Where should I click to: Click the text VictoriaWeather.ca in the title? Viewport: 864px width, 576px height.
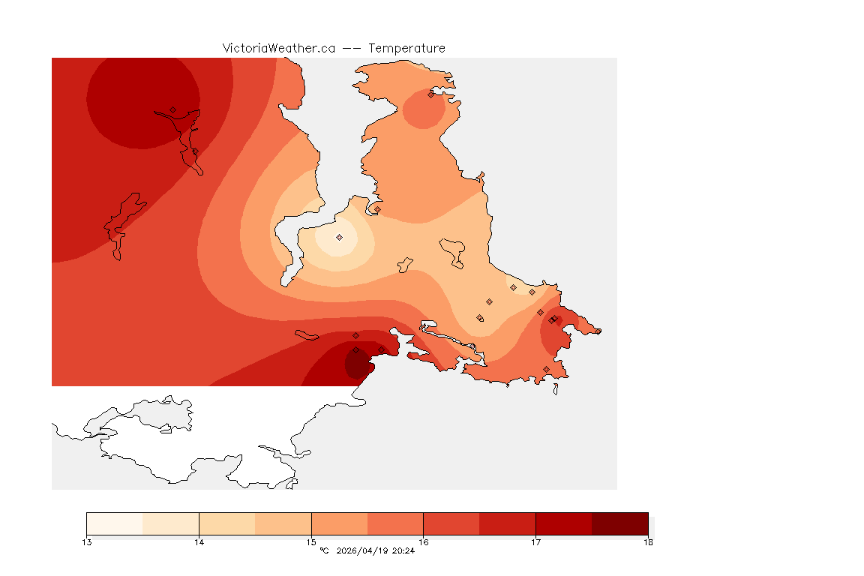(278, 48)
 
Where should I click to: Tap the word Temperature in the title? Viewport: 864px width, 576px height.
(406, 48)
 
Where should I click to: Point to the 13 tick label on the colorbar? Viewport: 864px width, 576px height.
(87, 542)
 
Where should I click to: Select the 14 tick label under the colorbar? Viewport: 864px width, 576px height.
(199, 542)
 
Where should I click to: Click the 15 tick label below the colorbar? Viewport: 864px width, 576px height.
(311, 542)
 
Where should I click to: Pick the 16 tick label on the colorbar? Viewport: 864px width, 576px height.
(424, 542)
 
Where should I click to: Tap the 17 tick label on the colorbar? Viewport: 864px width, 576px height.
(535, 542)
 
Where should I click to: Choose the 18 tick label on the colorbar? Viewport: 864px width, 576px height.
(648, 542)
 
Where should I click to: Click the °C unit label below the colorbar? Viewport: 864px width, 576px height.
(324, 551)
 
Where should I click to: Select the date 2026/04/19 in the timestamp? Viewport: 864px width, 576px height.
(364, 551)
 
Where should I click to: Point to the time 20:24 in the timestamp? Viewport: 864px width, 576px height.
(403, 551)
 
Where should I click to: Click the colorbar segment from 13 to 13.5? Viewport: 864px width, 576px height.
(115, 523)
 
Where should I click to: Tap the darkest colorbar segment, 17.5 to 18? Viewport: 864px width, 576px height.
(620, 523)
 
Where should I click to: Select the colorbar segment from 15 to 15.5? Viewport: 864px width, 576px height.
(339, 523)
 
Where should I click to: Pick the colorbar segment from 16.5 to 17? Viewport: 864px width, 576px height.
(508, 523)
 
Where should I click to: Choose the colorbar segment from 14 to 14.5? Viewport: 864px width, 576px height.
(227, 523)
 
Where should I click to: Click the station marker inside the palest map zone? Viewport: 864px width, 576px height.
(339, 237)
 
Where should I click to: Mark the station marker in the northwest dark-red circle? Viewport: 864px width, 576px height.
(172, 109)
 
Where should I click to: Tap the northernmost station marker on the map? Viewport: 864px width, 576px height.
(431, 94)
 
